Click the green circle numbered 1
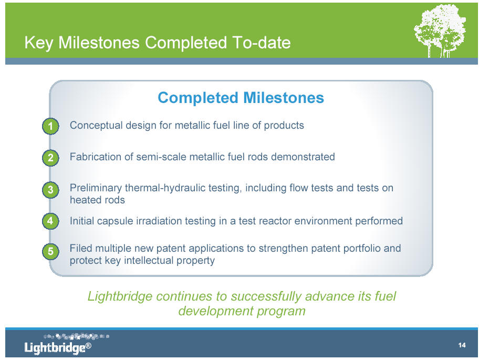(x=50, y=126)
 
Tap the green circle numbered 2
(x=50, y=158)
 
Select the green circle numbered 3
(x=50, y=190)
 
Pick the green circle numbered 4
(x=50, y=221)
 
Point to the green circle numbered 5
(x=50, y=251)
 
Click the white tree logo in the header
(x=440, y=30)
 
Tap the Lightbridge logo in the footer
(x=67, y=344)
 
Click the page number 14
(x=462, y=345)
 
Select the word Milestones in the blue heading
(x=284, y=98)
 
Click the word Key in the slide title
(x=39, y=43)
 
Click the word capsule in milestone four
(x=119, y=221)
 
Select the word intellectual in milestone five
(x=149, y=260)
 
